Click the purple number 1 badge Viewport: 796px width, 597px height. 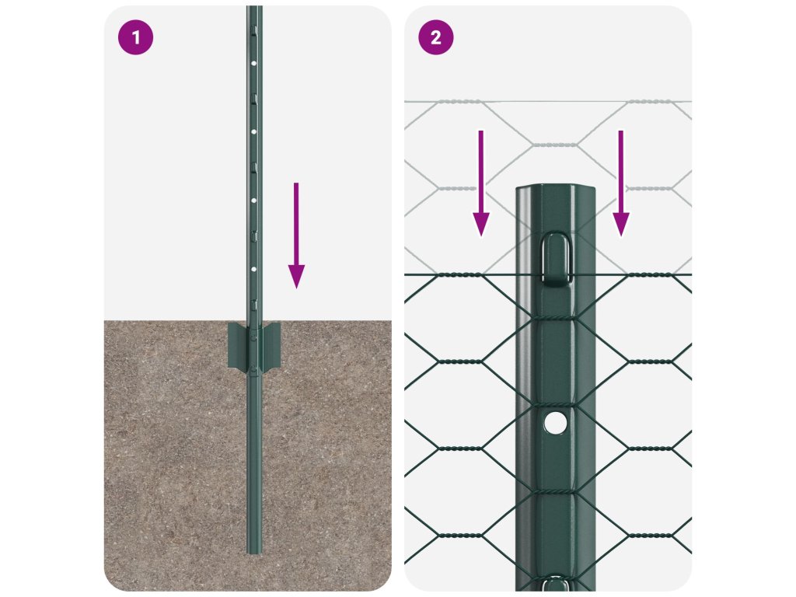pos(135,37)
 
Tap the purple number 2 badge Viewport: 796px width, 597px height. pos(435,37)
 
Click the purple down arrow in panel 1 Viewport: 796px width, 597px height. pos(296,236)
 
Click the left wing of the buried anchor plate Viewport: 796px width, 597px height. pos(238,345)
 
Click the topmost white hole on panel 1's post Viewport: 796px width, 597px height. pos(254,64)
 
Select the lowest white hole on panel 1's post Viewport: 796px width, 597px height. pos(254,269)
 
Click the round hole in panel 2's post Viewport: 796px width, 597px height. pos(555,423)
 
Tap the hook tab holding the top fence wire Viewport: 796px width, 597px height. pos(555,258)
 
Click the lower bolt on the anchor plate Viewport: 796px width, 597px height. pos(253,368)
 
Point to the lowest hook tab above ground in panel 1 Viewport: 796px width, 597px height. pos(254,304)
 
